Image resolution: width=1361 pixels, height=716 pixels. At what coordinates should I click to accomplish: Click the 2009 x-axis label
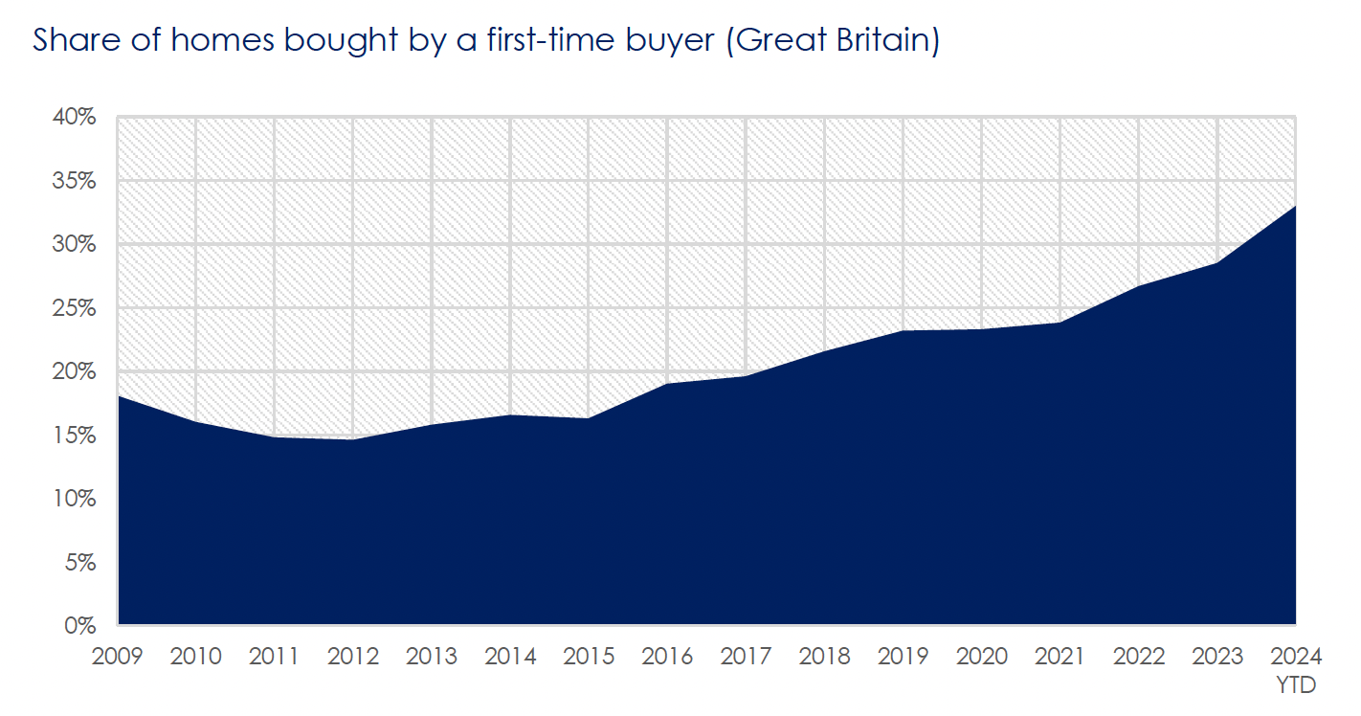[118, 657]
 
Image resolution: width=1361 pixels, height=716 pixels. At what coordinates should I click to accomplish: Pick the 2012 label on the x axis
[353, 657]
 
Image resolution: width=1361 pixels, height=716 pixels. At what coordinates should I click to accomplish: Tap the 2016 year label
[667, 657]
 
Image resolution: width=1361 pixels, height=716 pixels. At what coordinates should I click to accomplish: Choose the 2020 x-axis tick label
[982, 657]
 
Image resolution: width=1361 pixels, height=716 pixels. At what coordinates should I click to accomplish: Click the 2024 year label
[1296, 657]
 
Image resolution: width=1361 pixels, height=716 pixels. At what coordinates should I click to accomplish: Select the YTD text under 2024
[1296, 685]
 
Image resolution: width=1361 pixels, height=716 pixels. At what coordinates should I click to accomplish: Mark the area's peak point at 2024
[1295, 206]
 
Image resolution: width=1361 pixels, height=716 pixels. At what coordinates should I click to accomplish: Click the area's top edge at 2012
[353, 439]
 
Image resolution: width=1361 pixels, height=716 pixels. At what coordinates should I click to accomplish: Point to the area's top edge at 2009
[119, 396]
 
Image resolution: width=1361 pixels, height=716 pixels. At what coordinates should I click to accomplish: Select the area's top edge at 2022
[1139, 286]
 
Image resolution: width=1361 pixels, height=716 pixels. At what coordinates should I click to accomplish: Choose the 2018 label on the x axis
[824, 657]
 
